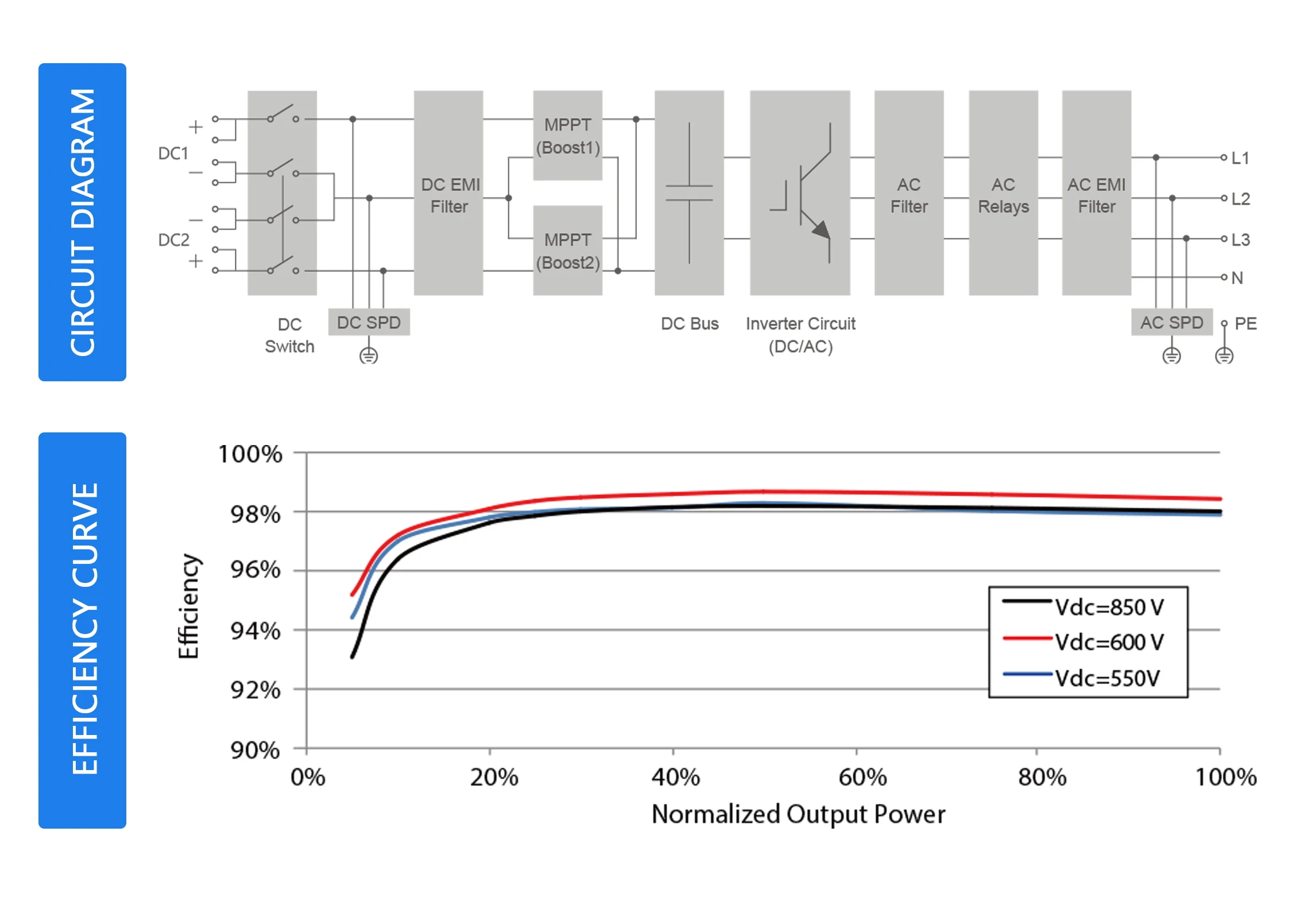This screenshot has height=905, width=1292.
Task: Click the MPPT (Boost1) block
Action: click(567, 136)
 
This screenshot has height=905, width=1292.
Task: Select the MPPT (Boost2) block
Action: click(567, 250)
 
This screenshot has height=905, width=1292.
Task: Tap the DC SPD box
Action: click(369, 322)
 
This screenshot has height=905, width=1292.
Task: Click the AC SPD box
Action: click(1171, 322)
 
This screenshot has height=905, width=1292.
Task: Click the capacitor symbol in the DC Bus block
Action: click(689, 193)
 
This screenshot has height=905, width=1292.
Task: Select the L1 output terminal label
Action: click(1240, 158)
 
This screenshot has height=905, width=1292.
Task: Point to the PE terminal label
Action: click(1245, 323)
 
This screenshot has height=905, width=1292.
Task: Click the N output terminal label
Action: click(1237, 278)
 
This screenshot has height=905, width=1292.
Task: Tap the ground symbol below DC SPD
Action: click(369, 356)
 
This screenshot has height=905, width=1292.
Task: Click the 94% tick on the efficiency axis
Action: click(256, 631)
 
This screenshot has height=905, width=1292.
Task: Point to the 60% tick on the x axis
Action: click(862, 778)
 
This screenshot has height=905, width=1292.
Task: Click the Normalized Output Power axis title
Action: click(798, 814)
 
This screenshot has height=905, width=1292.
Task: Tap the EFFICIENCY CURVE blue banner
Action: click(83, 630)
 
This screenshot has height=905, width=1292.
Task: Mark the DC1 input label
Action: click(173, 153)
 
